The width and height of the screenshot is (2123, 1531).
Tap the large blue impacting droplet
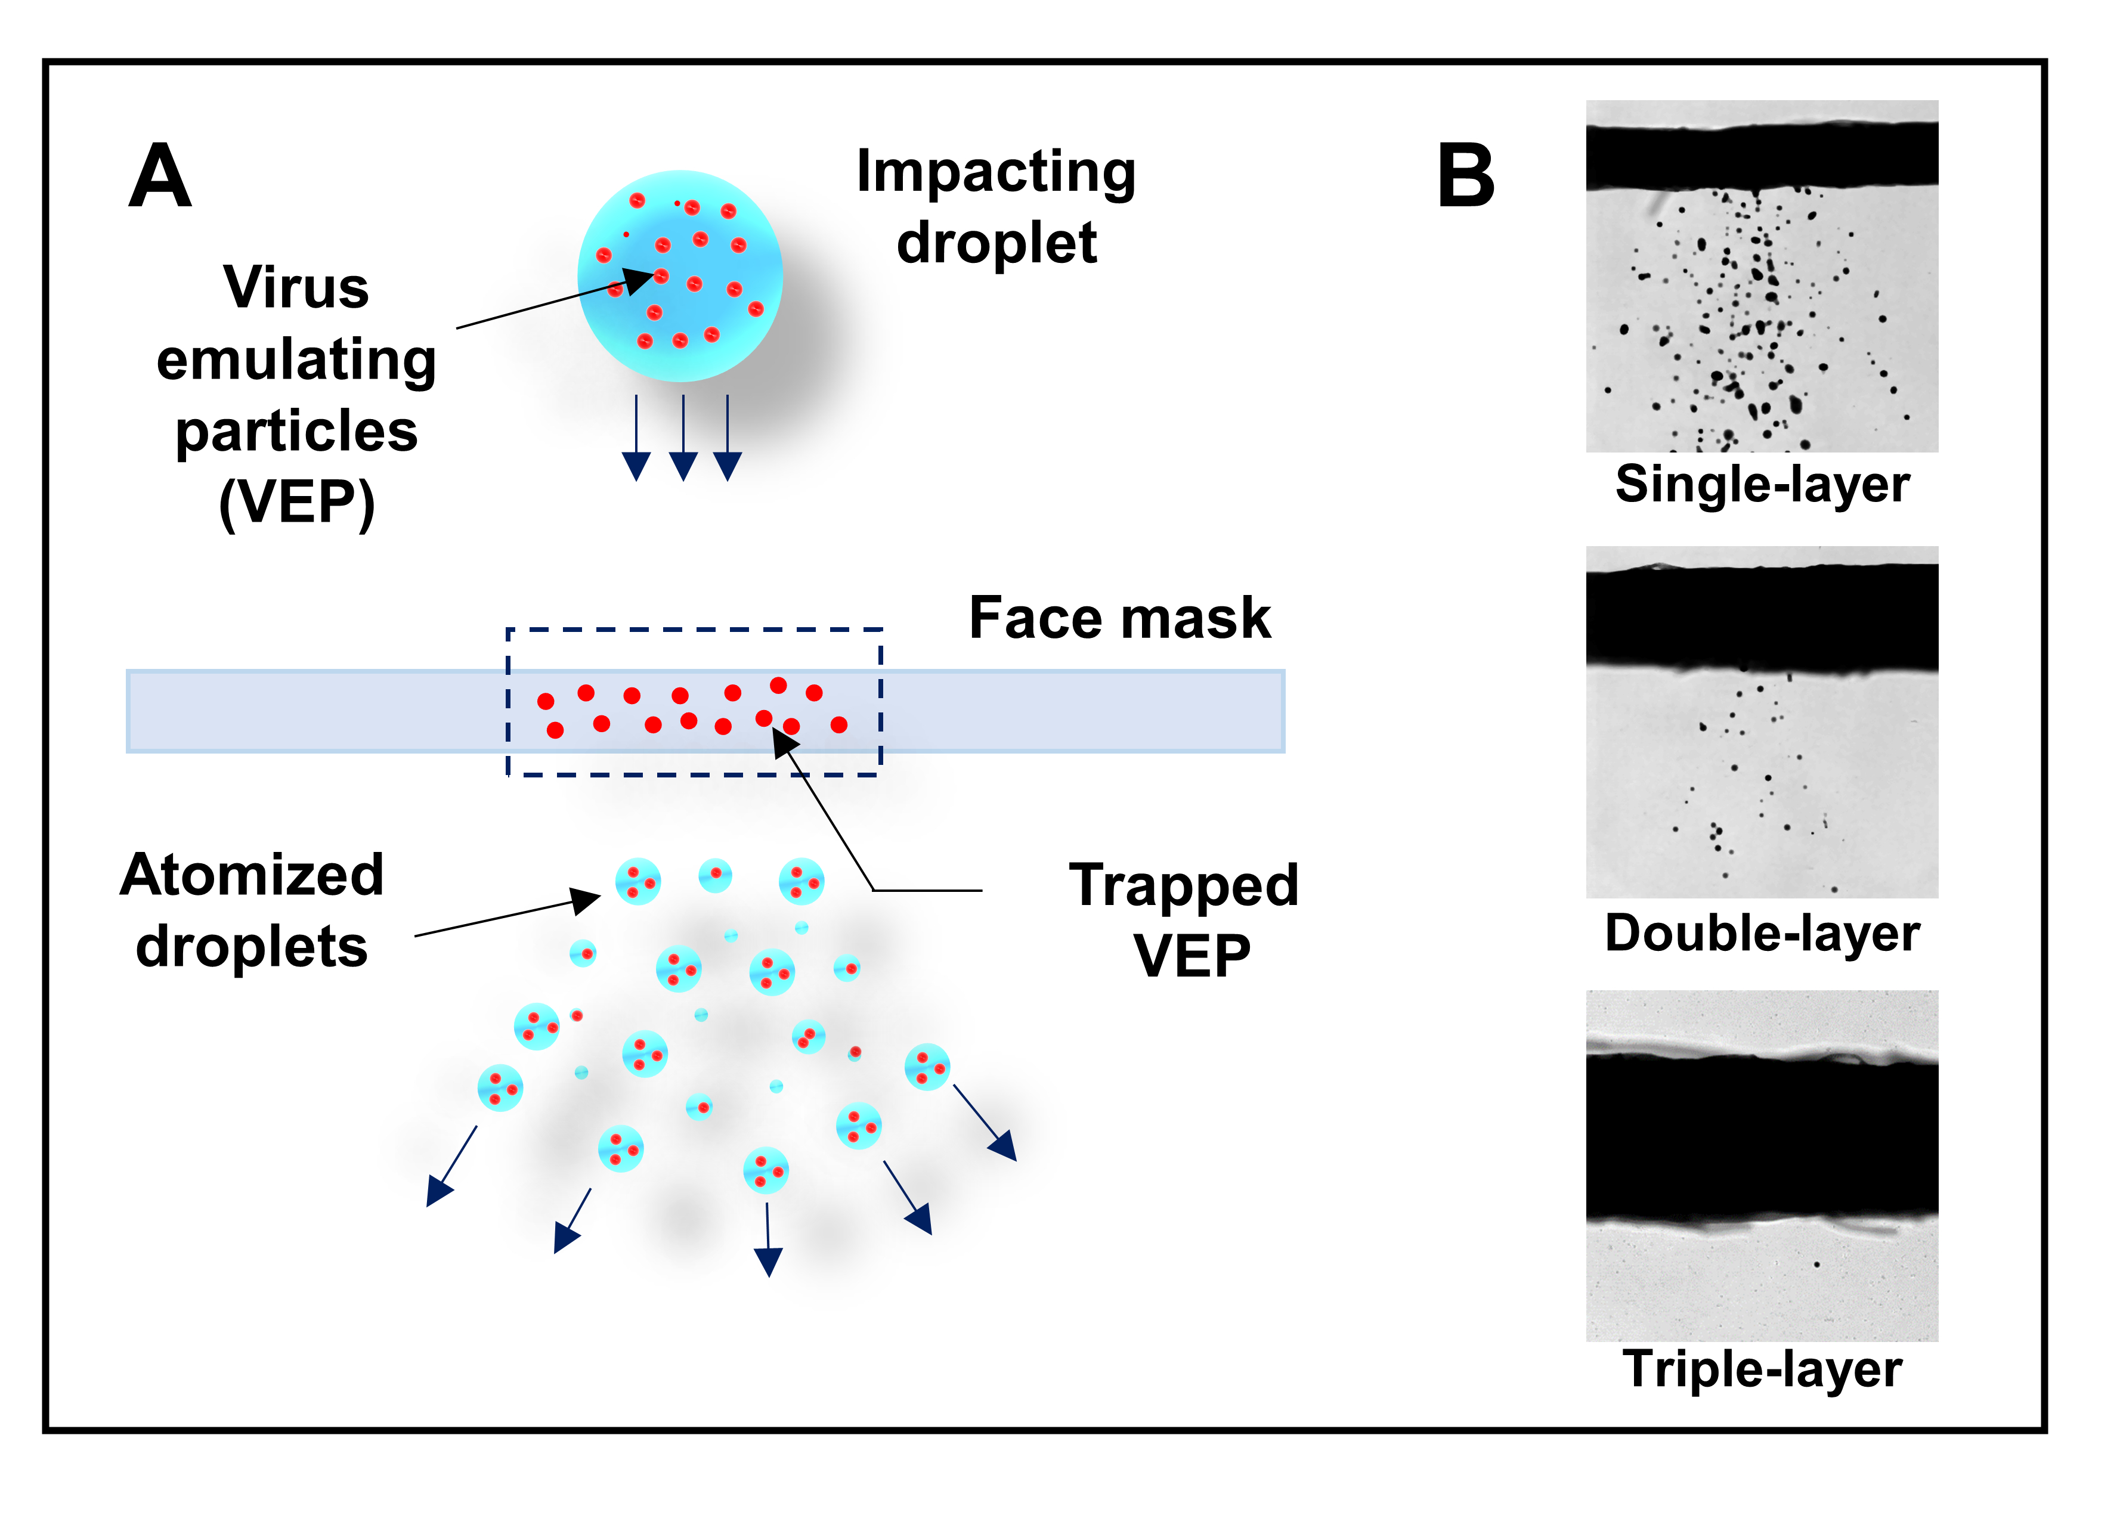click(680, 276)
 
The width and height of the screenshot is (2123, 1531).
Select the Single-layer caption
click(1762, 485)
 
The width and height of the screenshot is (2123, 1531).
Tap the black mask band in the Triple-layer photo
click(1762, 1134)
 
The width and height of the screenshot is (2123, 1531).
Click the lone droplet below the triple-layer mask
click(1817, 1265)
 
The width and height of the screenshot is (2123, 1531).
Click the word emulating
click(297, 359)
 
